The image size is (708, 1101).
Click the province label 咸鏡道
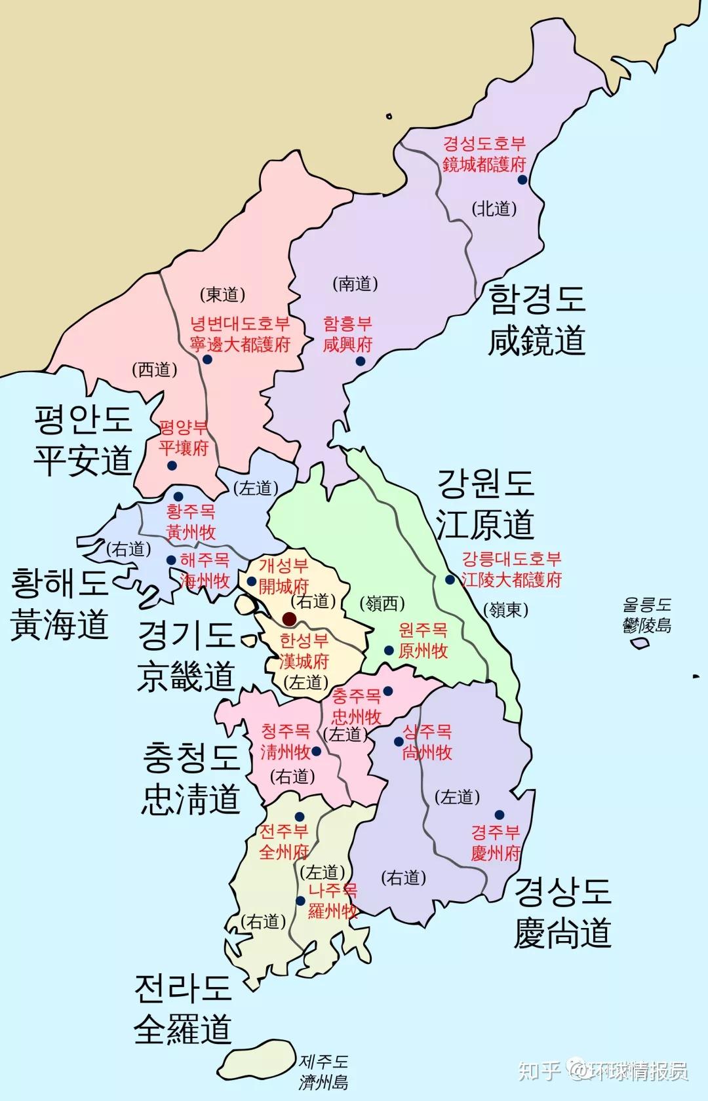click(x=536, y=341)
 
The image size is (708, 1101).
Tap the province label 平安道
click(x=83, y=460)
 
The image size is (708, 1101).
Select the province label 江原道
click(x=485, y=524)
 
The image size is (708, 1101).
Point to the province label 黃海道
click(x=59, y=624)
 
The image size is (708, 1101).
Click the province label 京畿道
click(x=186, y=676)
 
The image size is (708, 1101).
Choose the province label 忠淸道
click(x=191, y=800)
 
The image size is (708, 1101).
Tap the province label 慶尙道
click(x=562, y=933)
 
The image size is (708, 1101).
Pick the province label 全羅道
click(x=183, y=1030)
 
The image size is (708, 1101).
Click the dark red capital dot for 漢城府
click(x=288, y=618)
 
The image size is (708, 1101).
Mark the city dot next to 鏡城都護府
click(x=522, y=180)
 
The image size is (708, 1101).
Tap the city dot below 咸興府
click(x=360, y=360)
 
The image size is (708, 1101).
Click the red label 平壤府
click(x=184, y=448)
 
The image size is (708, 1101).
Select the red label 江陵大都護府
click(x=512, y=580)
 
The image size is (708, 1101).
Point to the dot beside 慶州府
click(x=500, y=815)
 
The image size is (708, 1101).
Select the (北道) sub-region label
click(x=494, y=208)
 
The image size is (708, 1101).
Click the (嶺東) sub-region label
click(x=506, y=609)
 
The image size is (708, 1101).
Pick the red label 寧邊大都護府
click(x=240, y=344)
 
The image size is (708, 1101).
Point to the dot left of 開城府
click(x=251, y=581)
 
